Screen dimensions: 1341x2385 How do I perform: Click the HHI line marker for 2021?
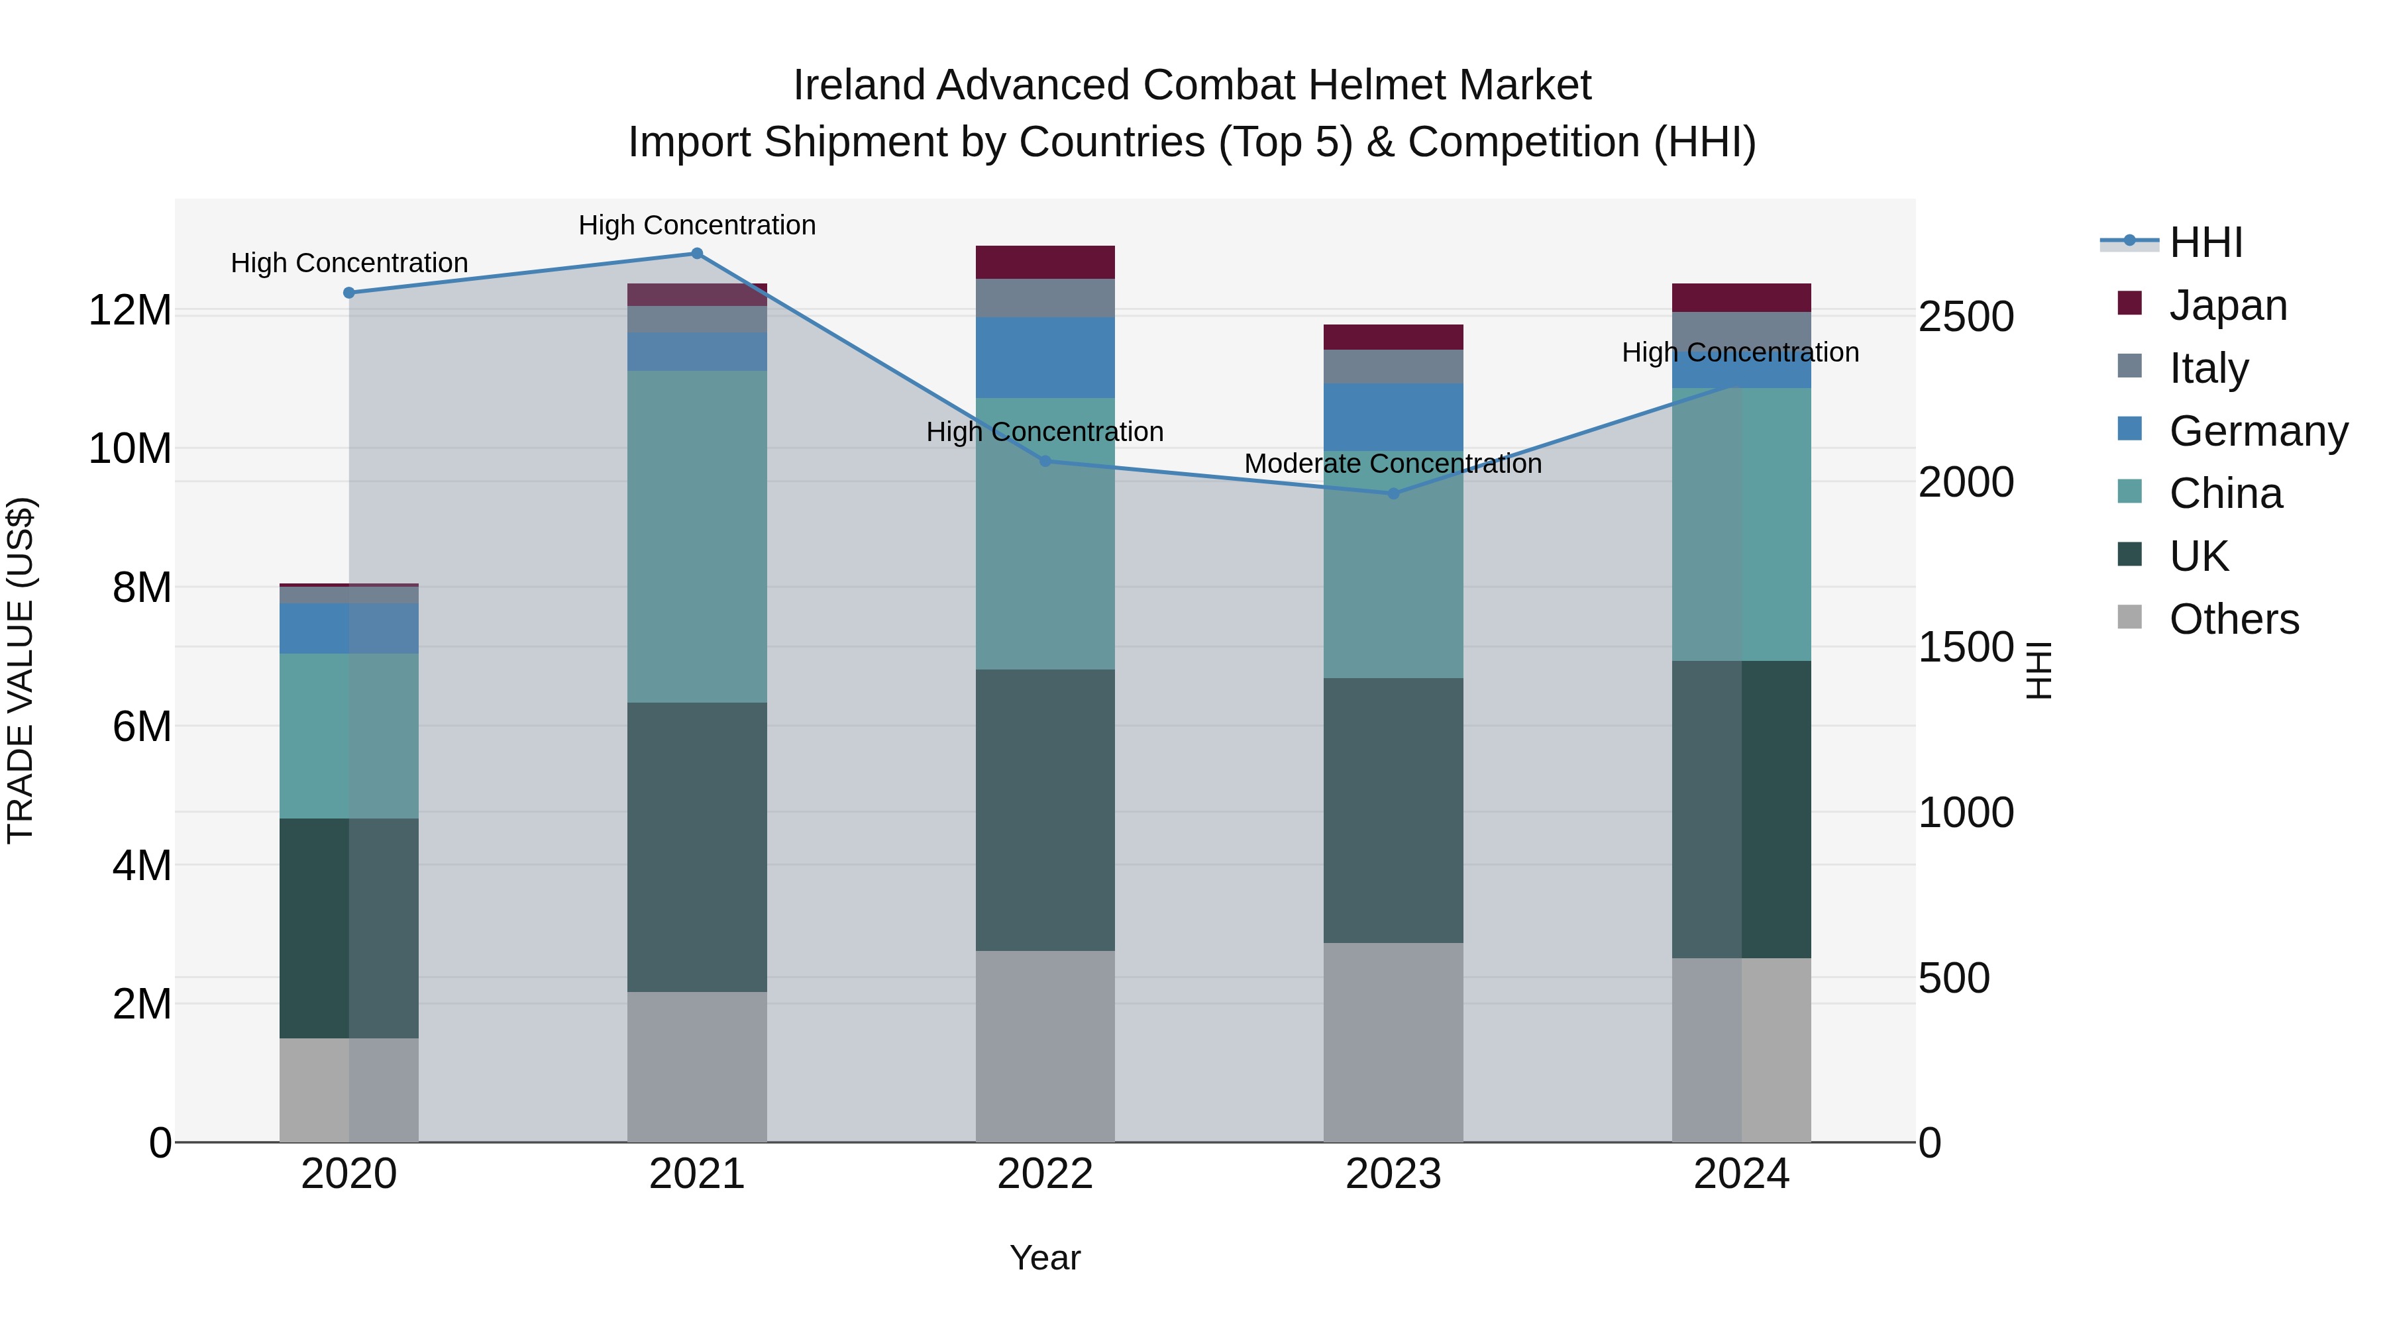click(697, 254)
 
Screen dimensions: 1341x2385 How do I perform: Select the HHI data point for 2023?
click(1393, 493)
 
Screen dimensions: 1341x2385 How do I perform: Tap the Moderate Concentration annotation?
click(1393, 464)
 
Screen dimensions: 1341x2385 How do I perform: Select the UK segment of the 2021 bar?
click(697, 847)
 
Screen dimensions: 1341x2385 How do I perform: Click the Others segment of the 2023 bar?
click(1393, 1042)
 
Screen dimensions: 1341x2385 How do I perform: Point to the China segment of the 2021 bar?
click(697, 537)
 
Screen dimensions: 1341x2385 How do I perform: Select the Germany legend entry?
click(2257, 431)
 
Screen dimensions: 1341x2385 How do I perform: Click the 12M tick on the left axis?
click(130, 310)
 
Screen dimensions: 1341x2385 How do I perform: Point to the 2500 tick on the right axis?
click(1966, 317)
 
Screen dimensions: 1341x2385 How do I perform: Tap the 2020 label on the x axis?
click(349, 1174)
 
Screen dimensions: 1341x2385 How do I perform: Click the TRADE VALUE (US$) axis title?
click(21, 670)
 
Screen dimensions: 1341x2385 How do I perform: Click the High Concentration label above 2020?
click(349, 263)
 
